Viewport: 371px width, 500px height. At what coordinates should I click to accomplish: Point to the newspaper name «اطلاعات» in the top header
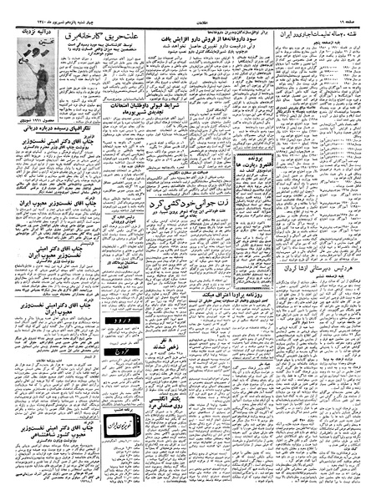tap(186, 11)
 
